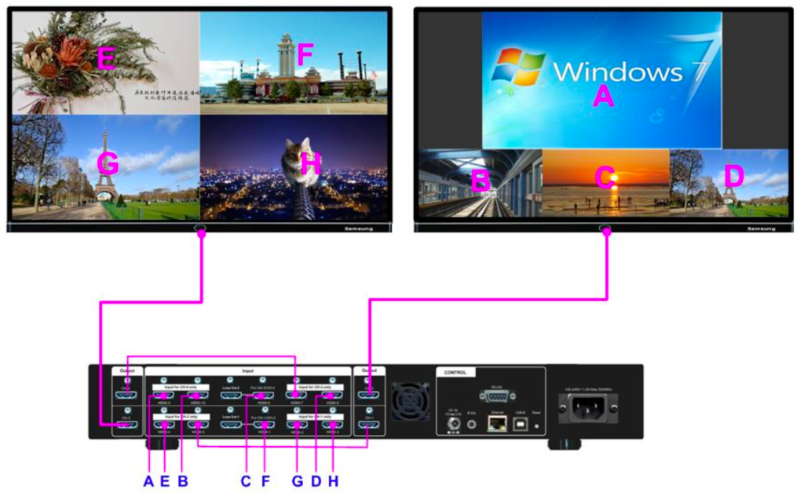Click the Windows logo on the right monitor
[518, 68]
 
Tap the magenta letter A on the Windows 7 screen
[602, 96]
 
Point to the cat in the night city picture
[298, 161]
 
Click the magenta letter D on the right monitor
[733, 177]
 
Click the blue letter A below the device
[148, 481]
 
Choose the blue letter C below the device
[246, 481]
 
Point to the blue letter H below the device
[333, 481]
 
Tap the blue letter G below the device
[298, 481]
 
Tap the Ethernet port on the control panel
[496, 425]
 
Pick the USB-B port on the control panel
[519, 425]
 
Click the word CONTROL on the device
[455, 372]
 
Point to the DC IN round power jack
[453, 426]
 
